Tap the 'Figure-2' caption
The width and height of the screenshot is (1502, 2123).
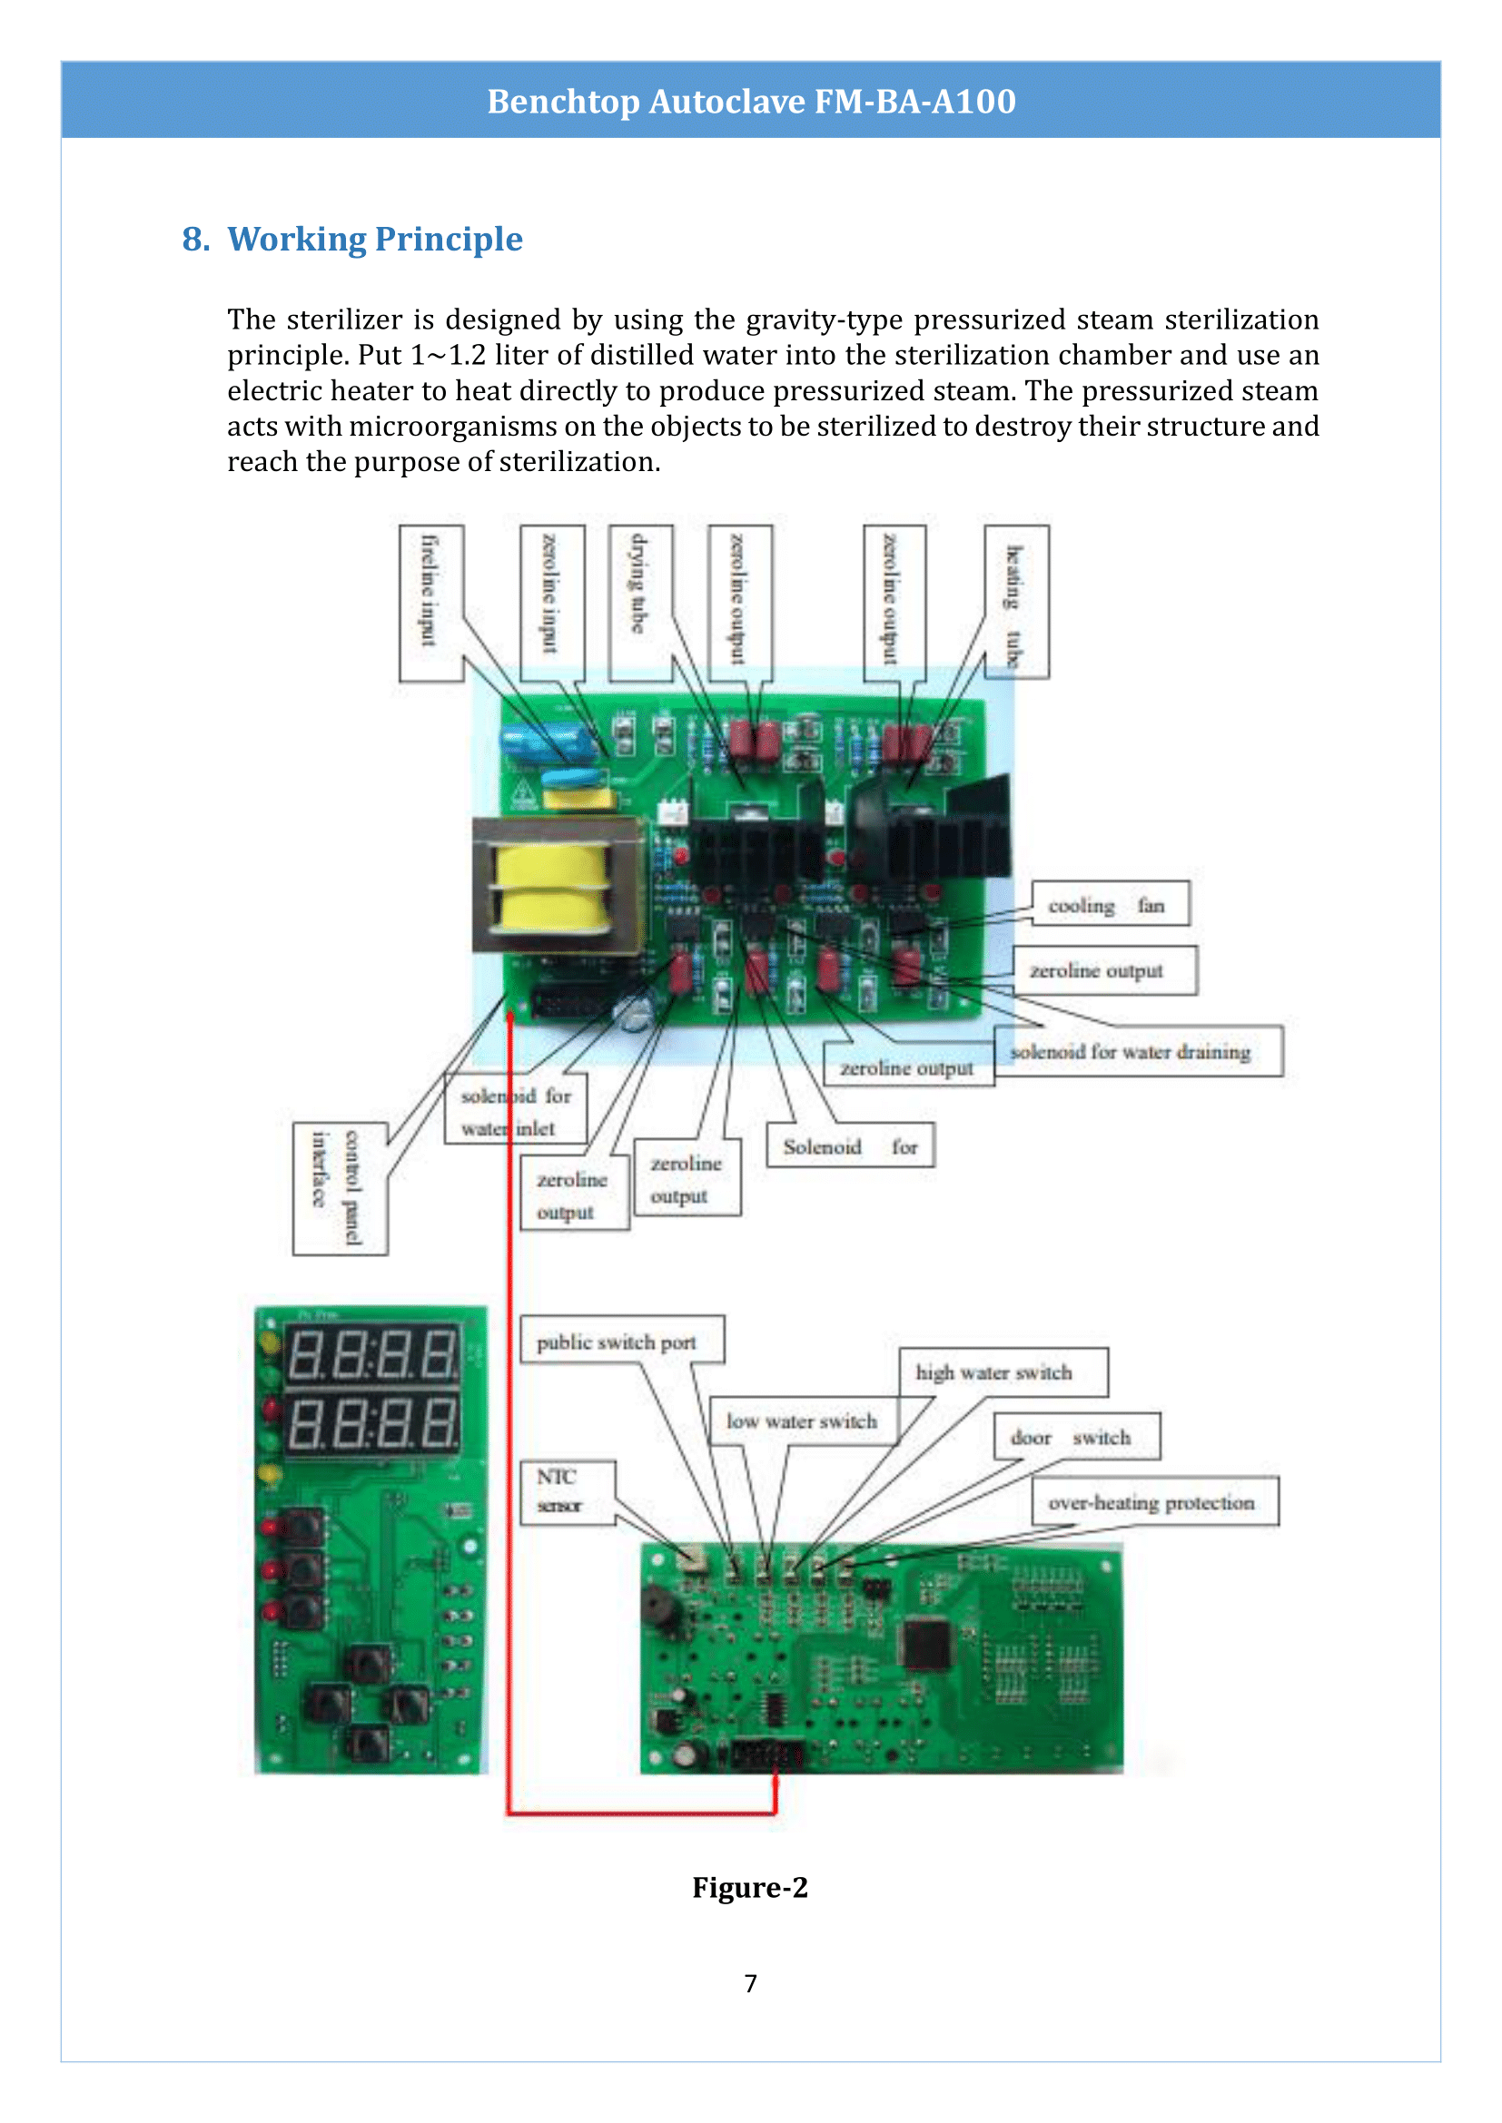pos(750,1887)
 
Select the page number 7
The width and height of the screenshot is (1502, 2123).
pos(750,1983)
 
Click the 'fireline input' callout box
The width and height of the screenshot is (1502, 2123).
pos(431,603)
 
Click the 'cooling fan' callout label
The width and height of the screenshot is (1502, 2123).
pos(1109,904)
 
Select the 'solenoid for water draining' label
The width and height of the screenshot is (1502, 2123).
pos(1138,1051)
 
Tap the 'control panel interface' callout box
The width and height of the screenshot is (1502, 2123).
pos(340,1188)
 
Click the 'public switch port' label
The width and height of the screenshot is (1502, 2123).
pos(620,1341)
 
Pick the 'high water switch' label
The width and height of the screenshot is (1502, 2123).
pos(1003,1372)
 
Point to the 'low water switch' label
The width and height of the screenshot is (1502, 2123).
pos(803,1421)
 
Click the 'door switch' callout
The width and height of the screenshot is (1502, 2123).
pos(1075,1437)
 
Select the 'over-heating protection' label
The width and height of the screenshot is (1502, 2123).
pos(1153,1502)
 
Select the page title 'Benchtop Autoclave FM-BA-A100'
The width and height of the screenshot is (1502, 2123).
pos(751,101)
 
